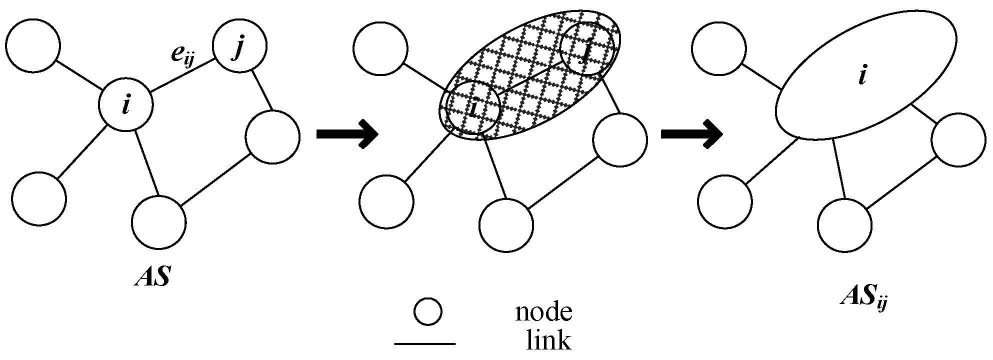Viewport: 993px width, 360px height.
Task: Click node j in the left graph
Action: tap(239, 46)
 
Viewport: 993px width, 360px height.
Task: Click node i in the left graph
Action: tap(125, 106)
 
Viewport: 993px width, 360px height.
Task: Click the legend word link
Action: tap(548, 340)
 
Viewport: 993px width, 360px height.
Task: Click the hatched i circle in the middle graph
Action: tap(473, 108)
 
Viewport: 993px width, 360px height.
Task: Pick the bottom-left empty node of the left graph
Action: tap(39, 198)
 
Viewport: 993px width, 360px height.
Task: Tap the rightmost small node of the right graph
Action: tap(958, 140)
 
